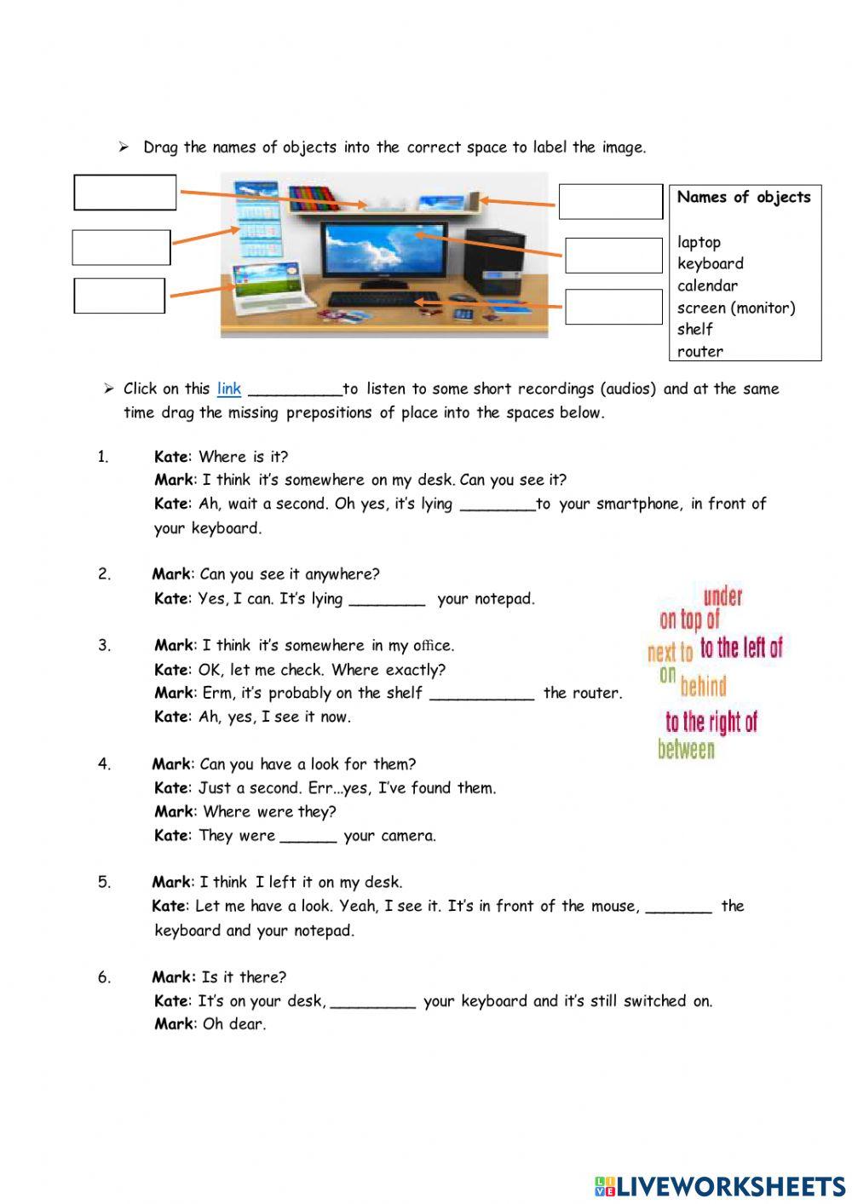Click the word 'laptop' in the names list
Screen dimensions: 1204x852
pos(699,242)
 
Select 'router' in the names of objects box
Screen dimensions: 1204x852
pos(700,351)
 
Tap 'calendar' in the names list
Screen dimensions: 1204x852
pos(707,285)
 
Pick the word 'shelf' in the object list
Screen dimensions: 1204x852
pos(695,329)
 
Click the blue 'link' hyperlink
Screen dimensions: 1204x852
pos(229,389)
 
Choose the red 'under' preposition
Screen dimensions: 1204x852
pos(722,596)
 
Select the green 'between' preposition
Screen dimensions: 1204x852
pos(686,750)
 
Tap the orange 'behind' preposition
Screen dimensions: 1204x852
pos(704,686)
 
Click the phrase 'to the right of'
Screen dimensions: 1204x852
pos(711,723)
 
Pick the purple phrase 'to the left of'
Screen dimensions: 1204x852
pos(741,648)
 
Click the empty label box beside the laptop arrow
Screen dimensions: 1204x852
pos(119,296)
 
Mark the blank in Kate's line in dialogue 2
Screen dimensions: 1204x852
pos(387,600)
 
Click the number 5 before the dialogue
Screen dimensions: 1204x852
pos(104,882)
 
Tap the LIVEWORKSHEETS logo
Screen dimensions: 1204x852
pos(720,1186)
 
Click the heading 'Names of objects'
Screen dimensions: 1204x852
pos(744,197)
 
